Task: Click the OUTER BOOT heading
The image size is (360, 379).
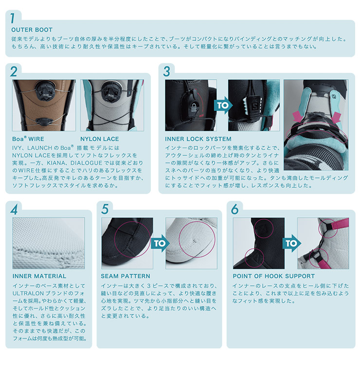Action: (32, 30)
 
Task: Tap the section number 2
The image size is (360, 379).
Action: (14, 72)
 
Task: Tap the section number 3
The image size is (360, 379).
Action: (167, 71)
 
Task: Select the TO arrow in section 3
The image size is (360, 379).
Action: (223, 104)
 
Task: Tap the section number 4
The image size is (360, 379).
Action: (14, 209)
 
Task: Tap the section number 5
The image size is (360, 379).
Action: (105, 209)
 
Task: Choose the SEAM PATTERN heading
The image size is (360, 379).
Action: (126, 276)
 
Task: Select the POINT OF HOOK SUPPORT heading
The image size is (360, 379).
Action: (273, 276)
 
